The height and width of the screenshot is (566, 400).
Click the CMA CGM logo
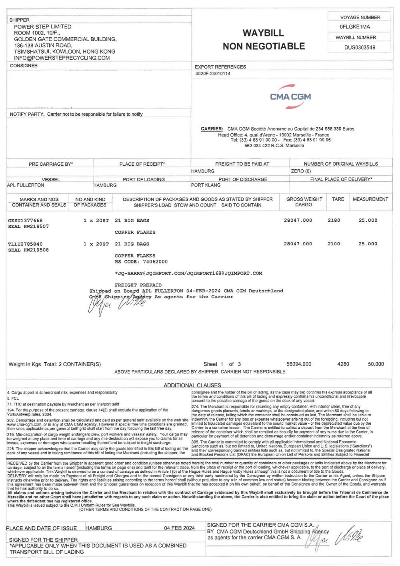[290, 96]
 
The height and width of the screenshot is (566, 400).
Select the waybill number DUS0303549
[360, 47]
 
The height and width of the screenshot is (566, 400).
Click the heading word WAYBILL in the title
[263, 33]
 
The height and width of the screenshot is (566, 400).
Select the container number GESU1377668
[25, 221]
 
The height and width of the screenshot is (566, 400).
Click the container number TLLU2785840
[25, 244]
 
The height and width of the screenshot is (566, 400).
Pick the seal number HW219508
[37, 250]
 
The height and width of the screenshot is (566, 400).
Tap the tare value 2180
[334, 221]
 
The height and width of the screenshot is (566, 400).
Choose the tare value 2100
[334, 244]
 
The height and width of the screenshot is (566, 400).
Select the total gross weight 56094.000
[299, 364]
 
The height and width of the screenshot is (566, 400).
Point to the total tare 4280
[343, 364]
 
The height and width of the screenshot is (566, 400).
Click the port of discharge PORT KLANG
[206, 185]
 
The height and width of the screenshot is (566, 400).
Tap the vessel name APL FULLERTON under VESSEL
[26, 185]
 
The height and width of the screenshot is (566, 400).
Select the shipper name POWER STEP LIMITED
[43, 26]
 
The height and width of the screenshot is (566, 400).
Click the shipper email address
[62, 58]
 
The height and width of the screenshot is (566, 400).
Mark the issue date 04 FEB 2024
[180, 528]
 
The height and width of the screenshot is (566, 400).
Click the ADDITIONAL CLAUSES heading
[192, 385]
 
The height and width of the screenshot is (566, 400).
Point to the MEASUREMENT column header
[370, 199]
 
